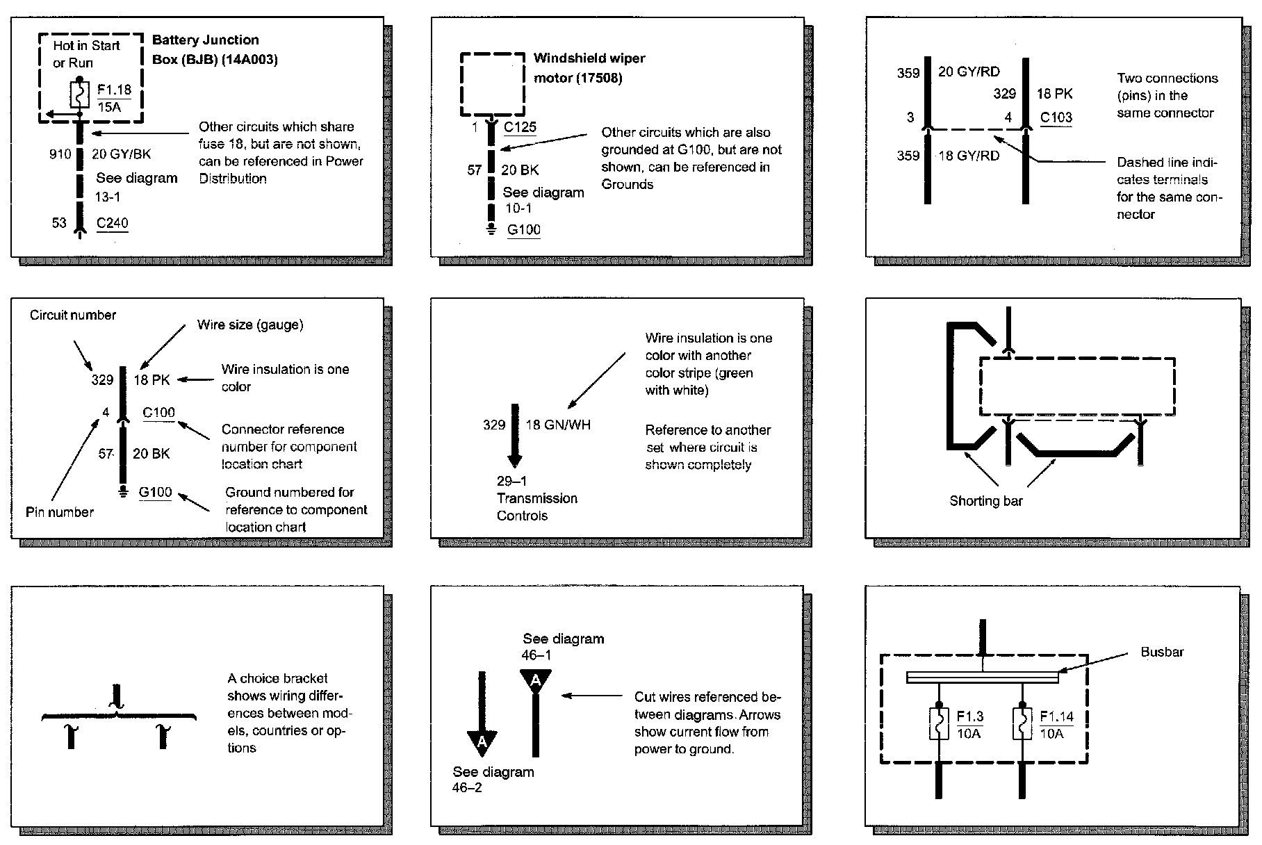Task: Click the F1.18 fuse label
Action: (x=114, y=90)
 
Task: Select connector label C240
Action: (x=113, y=223)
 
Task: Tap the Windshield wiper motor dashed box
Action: (x=493, y=84)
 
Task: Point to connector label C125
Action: (x=520, y=127)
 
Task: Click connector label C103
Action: (x=1056, y=117)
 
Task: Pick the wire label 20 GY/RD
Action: (x=969, y=72)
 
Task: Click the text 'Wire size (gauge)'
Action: (x=250, y=325)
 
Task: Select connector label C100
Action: (x=158, y=413)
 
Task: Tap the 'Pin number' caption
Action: (x=60, y=512)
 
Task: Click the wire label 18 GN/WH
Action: (x=558, y=425)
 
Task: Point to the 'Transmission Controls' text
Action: (x=536, y=507)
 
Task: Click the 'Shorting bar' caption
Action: (x=985, y=501)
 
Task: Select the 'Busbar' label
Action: (x=1162, y=652)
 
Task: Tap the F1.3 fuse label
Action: (x=969, y=716)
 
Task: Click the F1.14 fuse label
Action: (x=1056, y=716)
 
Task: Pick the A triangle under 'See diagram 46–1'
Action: (x=535, y=680)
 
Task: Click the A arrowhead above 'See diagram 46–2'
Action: (x=482, y=744)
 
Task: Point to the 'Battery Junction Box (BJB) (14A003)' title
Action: (x=214, y=49)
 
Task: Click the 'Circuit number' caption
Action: (x=73, y=315)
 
